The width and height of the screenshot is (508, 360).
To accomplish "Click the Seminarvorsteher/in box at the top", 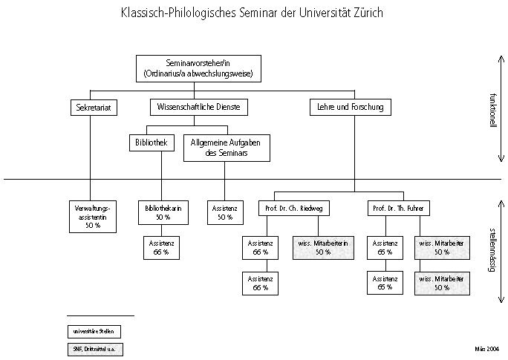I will (x=198, y=68).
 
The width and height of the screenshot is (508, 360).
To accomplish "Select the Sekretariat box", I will (x=93, y=108).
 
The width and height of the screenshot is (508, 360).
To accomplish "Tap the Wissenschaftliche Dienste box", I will (x=198, y=108).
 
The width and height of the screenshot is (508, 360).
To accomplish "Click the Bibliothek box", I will (x=151, y=141).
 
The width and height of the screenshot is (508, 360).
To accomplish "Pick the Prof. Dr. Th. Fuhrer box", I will (x=399, y=209).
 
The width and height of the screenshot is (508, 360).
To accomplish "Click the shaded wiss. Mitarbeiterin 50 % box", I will (x=324, y=248).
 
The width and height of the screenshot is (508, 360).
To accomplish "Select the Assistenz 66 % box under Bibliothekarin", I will (x=161, y=248).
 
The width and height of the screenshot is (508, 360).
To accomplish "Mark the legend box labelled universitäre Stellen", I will (x=94, y=331).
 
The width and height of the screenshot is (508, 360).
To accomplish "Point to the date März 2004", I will (x=487, y=347).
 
